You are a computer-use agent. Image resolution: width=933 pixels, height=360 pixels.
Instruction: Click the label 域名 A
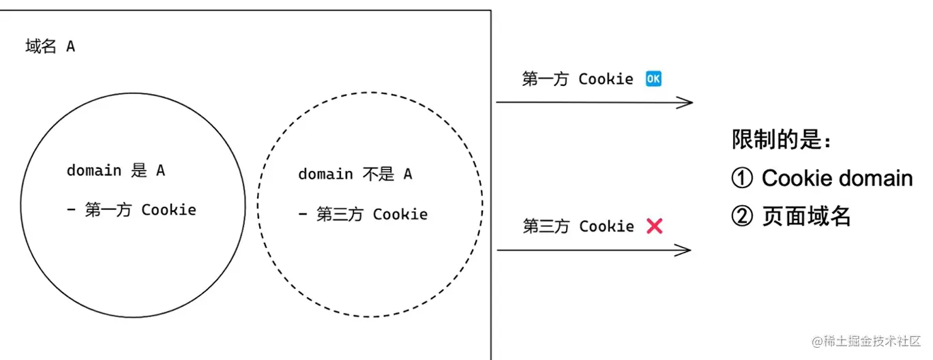point(50,47)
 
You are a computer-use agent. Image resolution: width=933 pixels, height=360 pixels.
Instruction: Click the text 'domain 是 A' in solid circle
point(115,170)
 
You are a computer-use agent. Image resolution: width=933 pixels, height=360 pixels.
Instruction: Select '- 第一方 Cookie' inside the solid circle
point(131,210)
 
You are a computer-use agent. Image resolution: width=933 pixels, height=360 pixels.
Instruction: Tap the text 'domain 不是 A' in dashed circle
point(355,175)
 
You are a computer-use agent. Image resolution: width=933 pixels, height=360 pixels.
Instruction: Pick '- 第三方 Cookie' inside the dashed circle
point(362,215)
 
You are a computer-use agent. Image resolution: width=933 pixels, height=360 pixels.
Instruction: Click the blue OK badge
point(653,79)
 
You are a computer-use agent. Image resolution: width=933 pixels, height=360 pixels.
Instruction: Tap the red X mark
point(654,226)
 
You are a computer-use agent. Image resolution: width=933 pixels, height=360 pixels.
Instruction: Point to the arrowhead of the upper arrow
point(687,103)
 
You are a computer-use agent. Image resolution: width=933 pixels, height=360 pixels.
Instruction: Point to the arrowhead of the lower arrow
point(686,250)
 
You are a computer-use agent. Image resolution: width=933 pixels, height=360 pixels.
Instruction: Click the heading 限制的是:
point(782,140)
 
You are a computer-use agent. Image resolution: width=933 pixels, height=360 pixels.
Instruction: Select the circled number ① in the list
point(742,179)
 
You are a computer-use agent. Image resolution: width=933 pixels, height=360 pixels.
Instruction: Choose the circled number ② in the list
point(742,217)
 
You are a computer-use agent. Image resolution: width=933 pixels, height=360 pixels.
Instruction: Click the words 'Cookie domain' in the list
point(837,179)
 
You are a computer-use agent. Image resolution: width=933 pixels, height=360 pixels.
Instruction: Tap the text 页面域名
point(806,217)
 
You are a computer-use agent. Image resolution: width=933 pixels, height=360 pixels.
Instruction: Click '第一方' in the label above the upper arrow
point(545,79)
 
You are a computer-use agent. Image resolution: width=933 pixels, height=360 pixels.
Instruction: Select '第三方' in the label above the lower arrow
point(546,226)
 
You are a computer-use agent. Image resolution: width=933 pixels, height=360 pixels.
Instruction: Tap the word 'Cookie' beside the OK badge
point(606,79)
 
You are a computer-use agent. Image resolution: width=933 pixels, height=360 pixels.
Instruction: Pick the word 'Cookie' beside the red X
point(606,226)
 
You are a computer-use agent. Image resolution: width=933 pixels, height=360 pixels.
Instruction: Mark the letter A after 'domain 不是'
point(407,175)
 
